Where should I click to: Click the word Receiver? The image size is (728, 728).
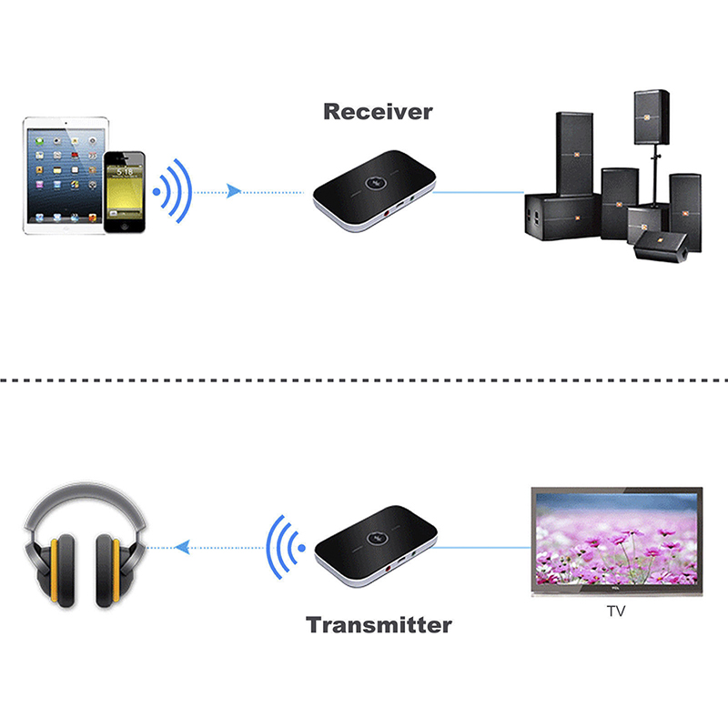[x=378, y=112]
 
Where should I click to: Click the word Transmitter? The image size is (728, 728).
[x=379, y=625]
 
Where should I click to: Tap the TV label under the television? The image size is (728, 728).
[x=616, y=612]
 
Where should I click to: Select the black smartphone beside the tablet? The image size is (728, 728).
[x=125, y=192]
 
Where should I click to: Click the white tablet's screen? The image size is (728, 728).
[x=65, y=176]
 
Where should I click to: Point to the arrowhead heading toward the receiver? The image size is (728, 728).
[x=234, y=191]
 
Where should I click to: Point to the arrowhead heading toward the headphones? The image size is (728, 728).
[x=183, y=548]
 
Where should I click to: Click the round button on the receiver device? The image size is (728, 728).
[x=374, y=183]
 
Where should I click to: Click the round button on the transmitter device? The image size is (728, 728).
[x=376, y=538]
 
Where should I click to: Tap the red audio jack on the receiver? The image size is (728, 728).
[x=387, y=214]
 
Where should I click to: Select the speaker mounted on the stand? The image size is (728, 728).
[x=652, y=117]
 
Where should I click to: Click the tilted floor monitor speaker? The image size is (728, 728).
[x=662, y=247]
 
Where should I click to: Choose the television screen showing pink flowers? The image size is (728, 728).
[x=617, y=539]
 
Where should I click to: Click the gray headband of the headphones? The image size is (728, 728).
[x=85, y=498]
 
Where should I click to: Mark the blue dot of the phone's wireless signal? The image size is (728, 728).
[x=157, y=191]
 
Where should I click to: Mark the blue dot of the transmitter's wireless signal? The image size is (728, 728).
[x=301, y=548]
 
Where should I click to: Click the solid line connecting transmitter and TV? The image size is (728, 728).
[x=481, y=548]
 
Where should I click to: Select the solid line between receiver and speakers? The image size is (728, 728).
[x=479, y=192]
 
